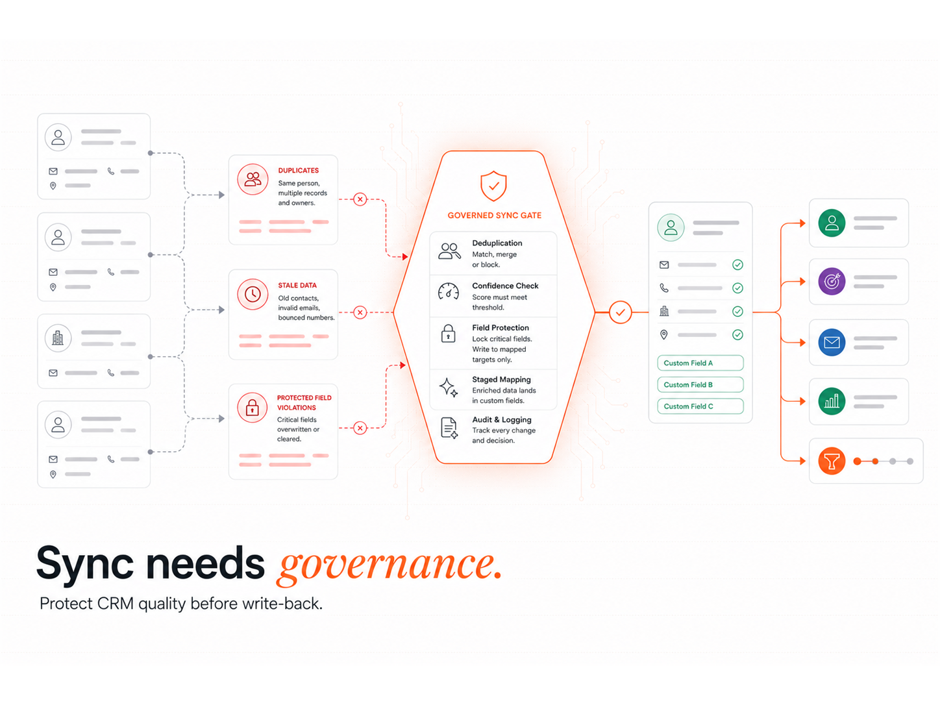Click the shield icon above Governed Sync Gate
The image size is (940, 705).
coord(493,186)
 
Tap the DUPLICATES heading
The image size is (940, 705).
coord(299,170)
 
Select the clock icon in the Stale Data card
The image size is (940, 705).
coord(253,295)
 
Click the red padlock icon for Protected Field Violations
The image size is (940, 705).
coord(253,408)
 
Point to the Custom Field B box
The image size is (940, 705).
coord(700,384)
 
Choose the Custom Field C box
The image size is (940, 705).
coord(700,406)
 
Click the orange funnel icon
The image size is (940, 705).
coord(832,461)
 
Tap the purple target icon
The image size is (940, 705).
coord(832,281)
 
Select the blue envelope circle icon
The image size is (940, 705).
coord(832,342)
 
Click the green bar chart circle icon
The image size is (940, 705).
coord(832,401)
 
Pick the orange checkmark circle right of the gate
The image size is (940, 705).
coord(620,312)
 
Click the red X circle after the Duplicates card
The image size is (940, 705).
coord(360,199)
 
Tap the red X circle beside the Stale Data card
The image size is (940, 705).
coord(360,312)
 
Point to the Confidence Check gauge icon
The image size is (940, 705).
coord(449,291)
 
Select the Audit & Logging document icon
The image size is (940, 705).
coord(449,428)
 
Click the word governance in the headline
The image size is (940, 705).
coord(390,566)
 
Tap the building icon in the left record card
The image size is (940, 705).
coord(58,338)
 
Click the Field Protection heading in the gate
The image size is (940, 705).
coord(501,327)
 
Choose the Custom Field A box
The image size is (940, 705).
coord(700,362)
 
